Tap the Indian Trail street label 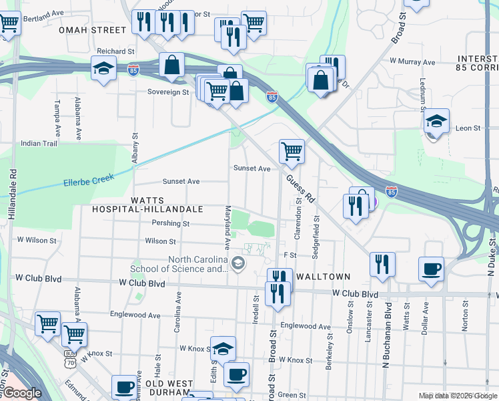click(39, 143)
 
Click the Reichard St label click(116, 51)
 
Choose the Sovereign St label click(168, 92)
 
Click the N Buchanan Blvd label click(387, 337)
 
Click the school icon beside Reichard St click(103, 68)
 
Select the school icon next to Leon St click(436, 122)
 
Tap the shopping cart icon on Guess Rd click(292, 151)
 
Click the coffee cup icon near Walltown click(431, 269)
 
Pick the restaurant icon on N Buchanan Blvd click(382, 263)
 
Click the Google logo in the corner click(23, 393)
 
